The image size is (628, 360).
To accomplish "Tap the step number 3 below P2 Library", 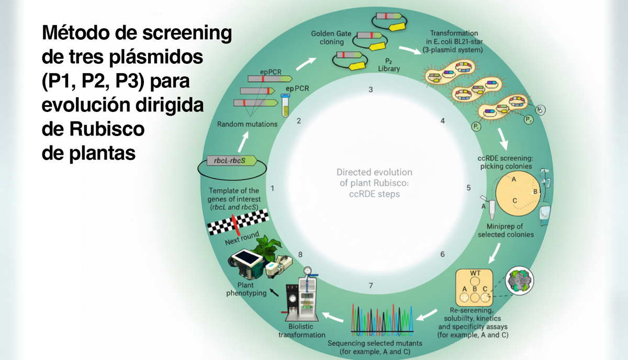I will pyautogui.click(x=371, y=89).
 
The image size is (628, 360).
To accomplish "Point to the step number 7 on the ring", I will pyautogui.click(x=371, y=285).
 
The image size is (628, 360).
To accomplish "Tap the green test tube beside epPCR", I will pyautogui.click(x=286, y=105).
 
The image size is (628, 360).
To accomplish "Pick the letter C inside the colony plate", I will pyautogui.click(x=515, y=200).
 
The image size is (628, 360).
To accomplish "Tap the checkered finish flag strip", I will pyautogui.click(x=238, y=221).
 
